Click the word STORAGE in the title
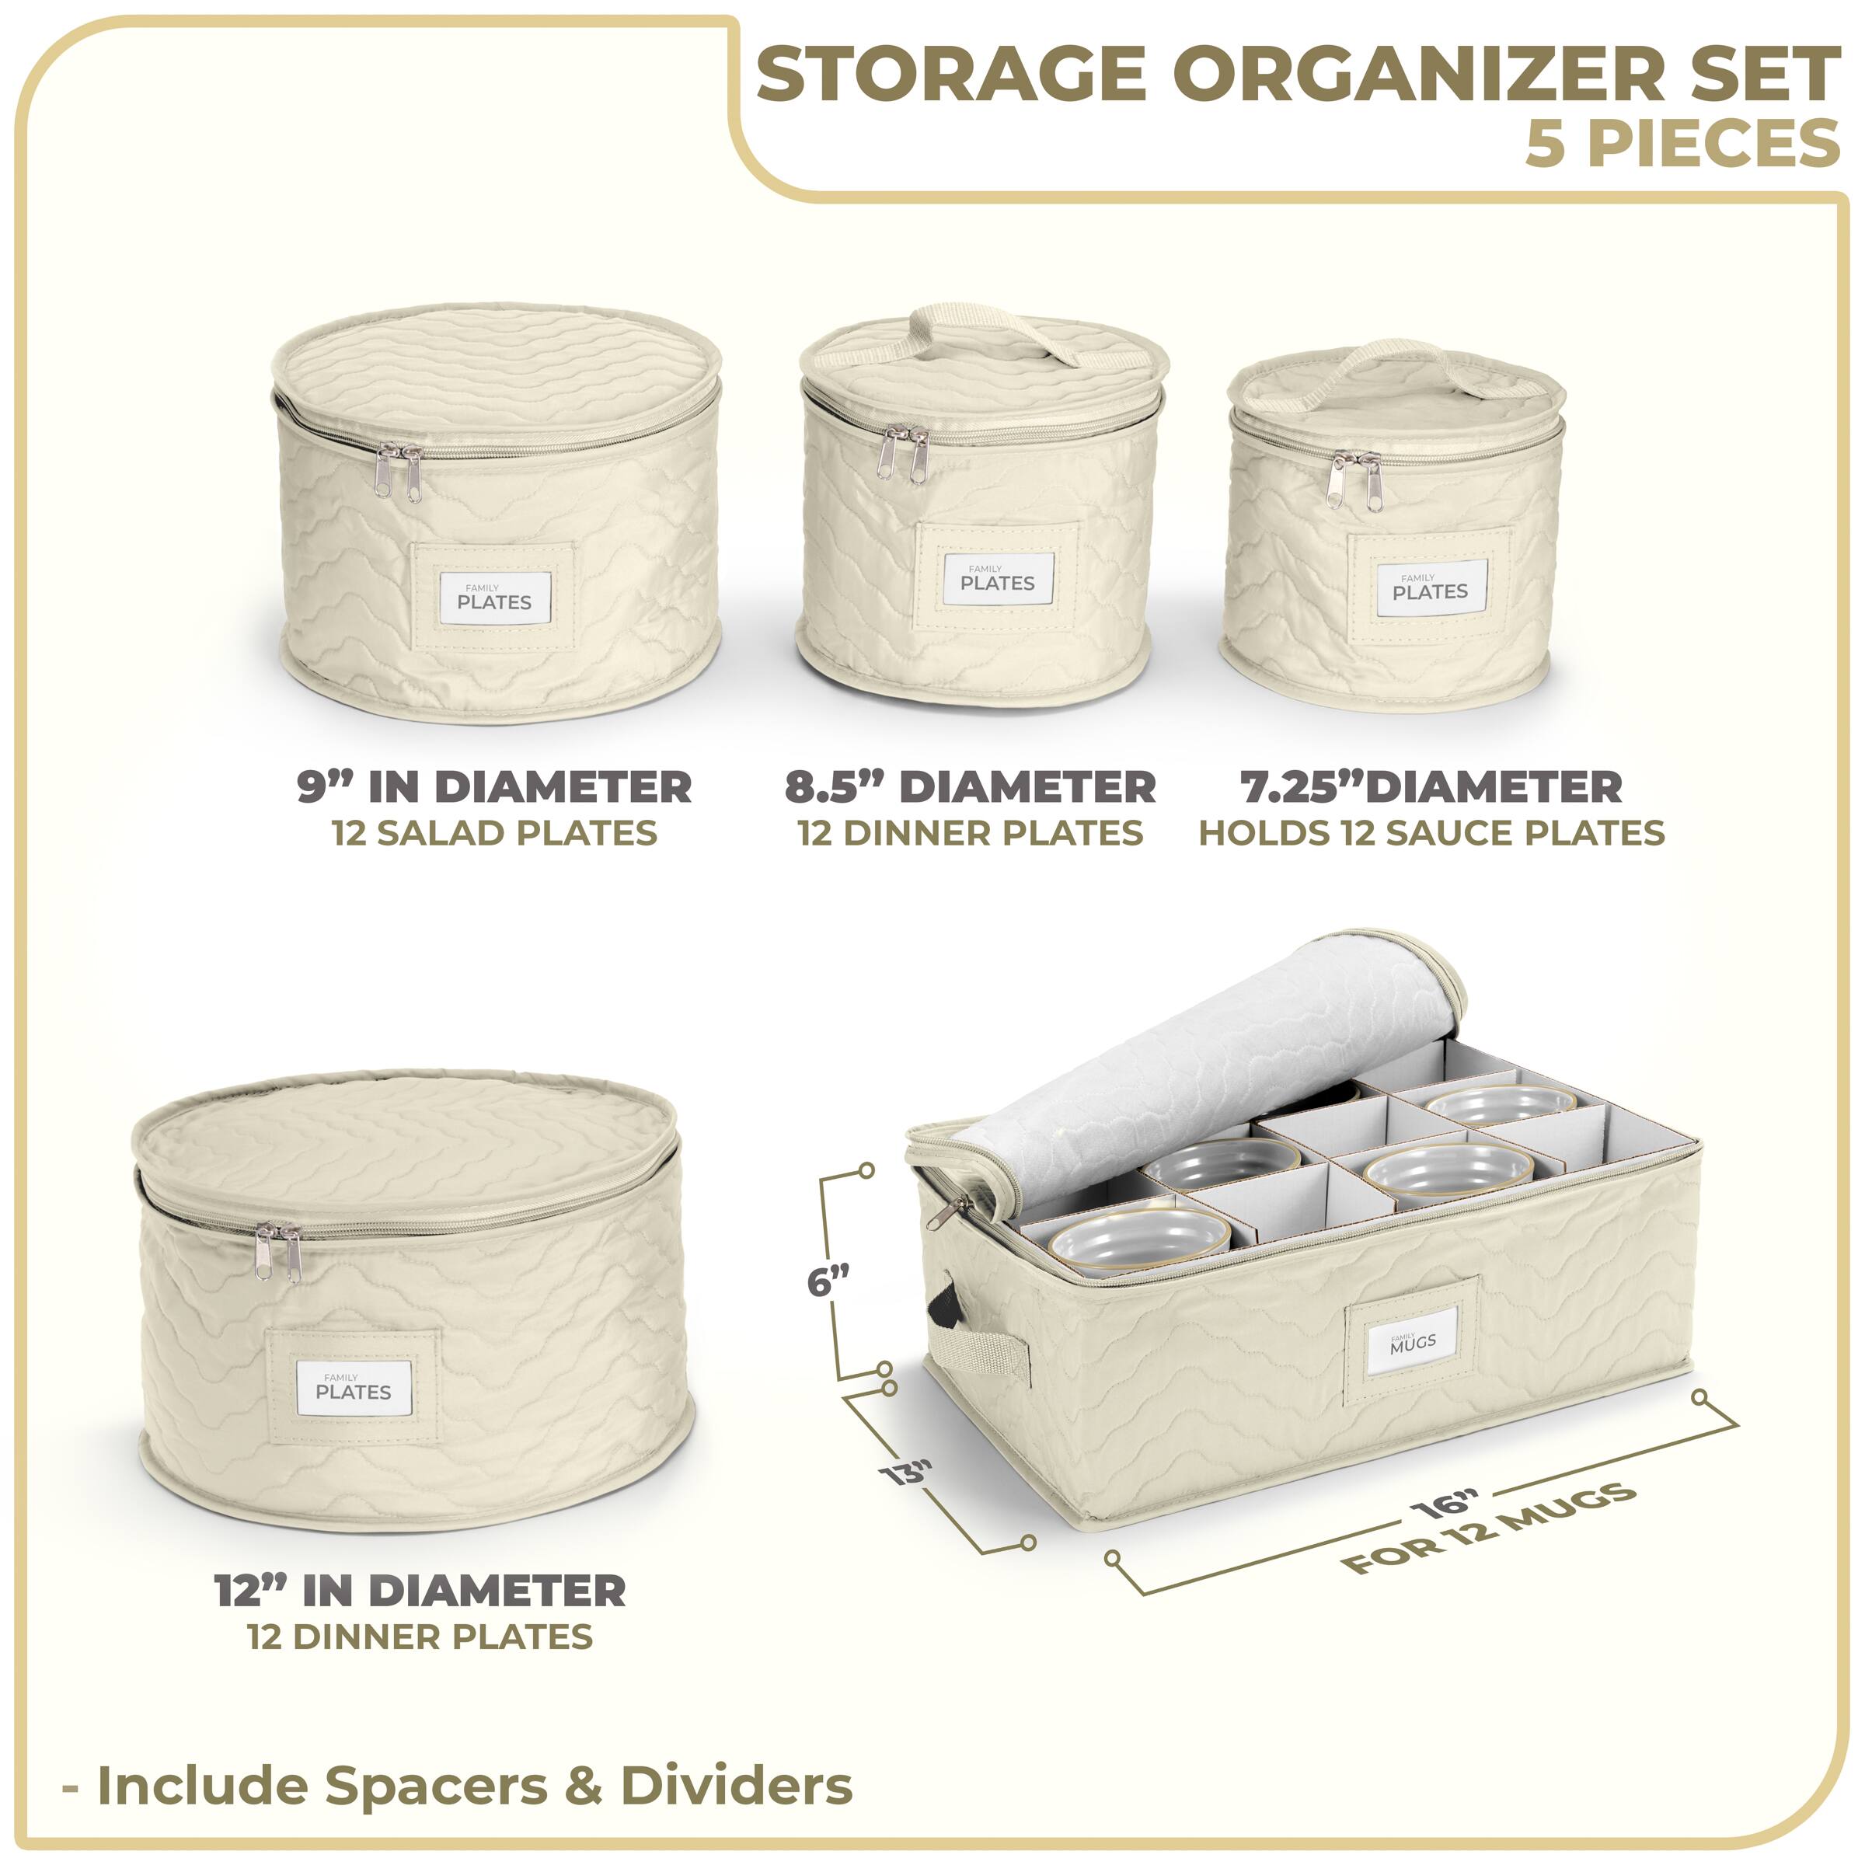pos(951,75)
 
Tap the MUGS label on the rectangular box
pos(1412,1342)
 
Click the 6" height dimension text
pos(828,1283)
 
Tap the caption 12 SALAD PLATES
pos(494,833)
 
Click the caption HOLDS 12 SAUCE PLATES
pos(1431,833)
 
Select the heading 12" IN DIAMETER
pos(420,1591)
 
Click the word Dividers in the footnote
pos(737,1785)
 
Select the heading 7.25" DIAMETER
pos(1431,786)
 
